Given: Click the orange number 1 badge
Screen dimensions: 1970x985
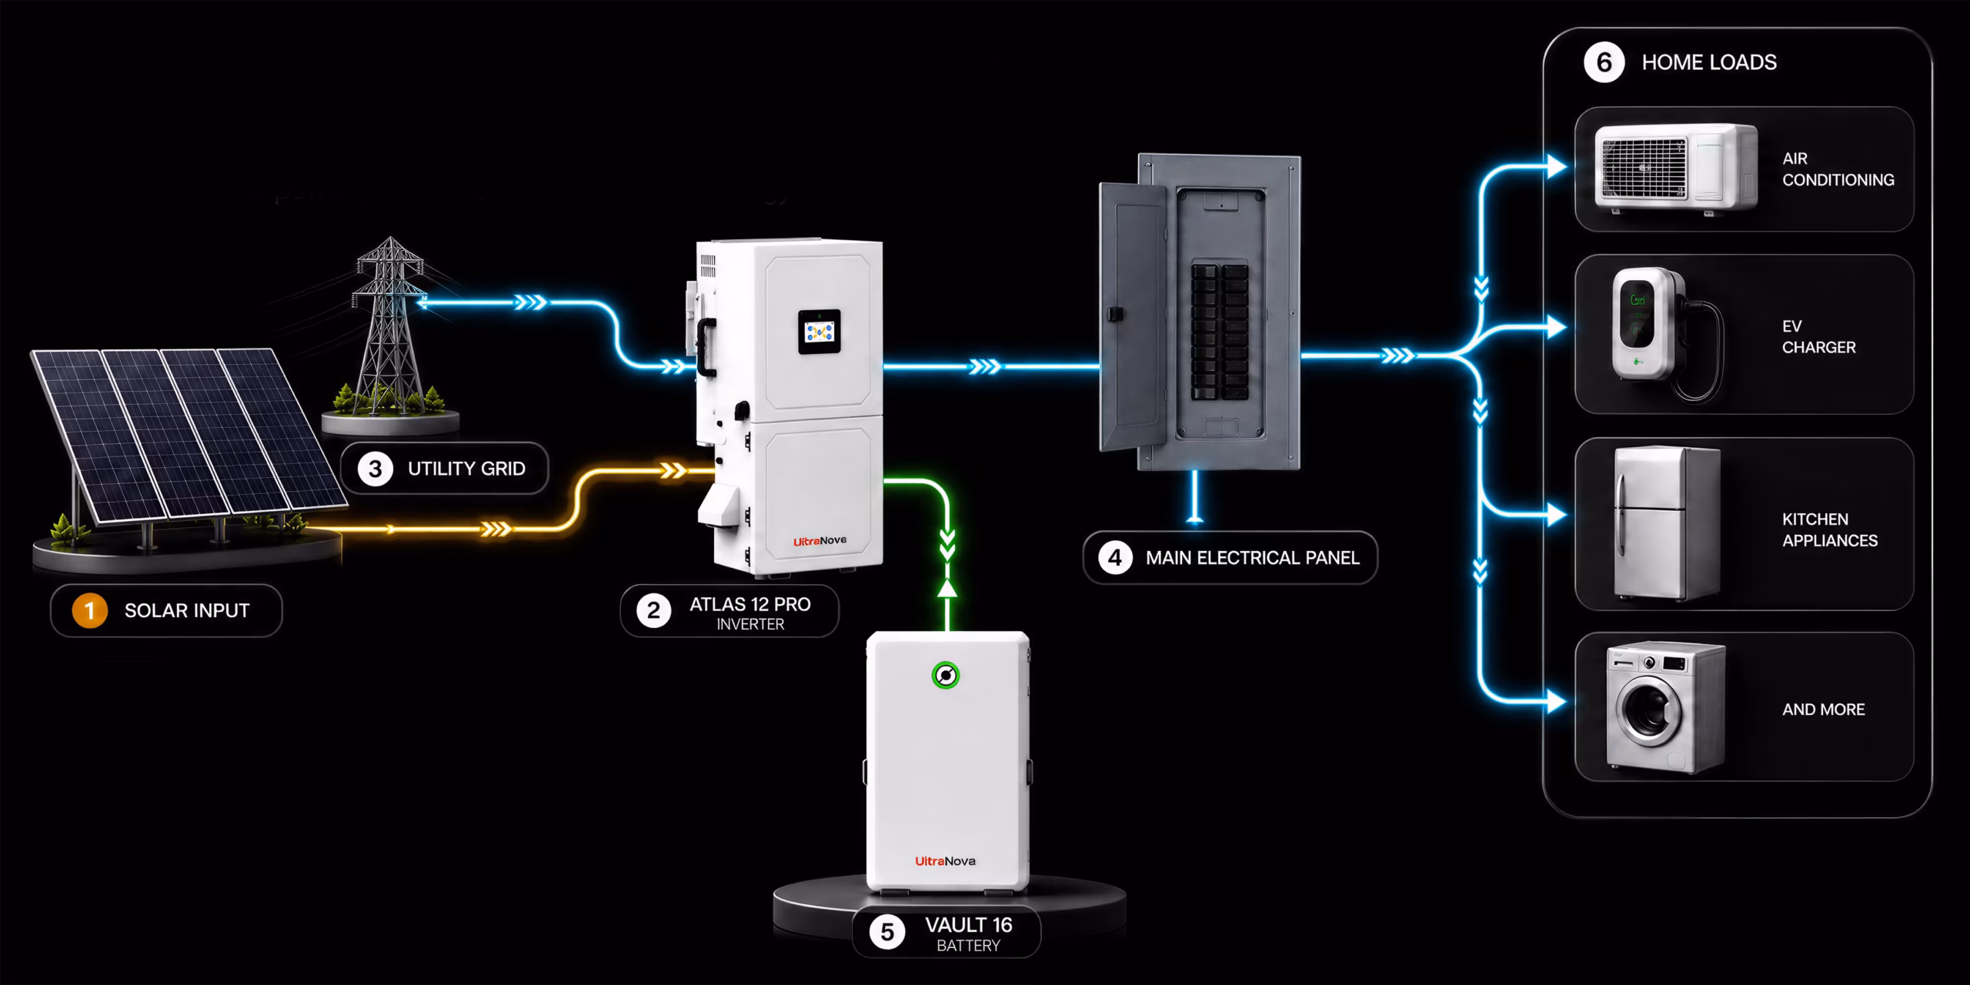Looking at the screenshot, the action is pos(89,611).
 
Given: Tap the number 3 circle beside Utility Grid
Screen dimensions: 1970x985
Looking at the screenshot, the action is pos(375,469).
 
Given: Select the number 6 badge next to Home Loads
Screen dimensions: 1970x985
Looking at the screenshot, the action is pos(1604,62).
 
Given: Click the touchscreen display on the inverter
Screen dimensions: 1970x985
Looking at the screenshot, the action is pos(819,332).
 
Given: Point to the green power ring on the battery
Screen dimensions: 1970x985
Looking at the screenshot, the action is pos(946,676).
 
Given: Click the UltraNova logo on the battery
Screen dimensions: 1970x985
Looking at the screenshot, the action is pos(945,861).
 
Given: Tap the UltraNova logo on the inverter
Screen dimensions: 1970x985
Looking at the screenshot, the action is pos(820,541).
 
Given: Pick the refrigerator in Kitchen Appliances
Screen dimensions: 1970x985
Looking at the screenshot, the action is pos(1665,524).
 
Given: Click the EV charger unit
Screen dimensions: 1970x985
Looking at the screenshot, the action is pos(1647,324).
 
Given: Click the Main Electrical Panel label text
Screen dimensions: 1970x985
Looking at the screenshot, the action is pos(1252,558).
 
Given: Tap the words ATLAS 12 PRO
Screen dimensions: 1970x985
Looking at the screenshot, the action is pos(750,605).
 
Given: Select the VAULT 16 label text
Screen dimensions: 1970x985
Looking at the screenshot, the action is pos(968,925).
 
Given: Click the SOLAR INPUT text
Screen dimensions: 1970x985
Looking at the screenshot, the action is pos(187,611).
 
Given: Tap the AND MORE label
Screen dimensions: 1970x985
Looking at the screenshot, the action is pos(1823,710).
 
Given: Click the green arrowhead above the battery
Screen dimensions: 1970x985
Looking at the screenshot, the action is pos(947,588).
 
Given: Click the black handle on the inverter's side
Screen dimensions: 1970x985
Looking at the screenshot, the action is pos(703,348).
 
